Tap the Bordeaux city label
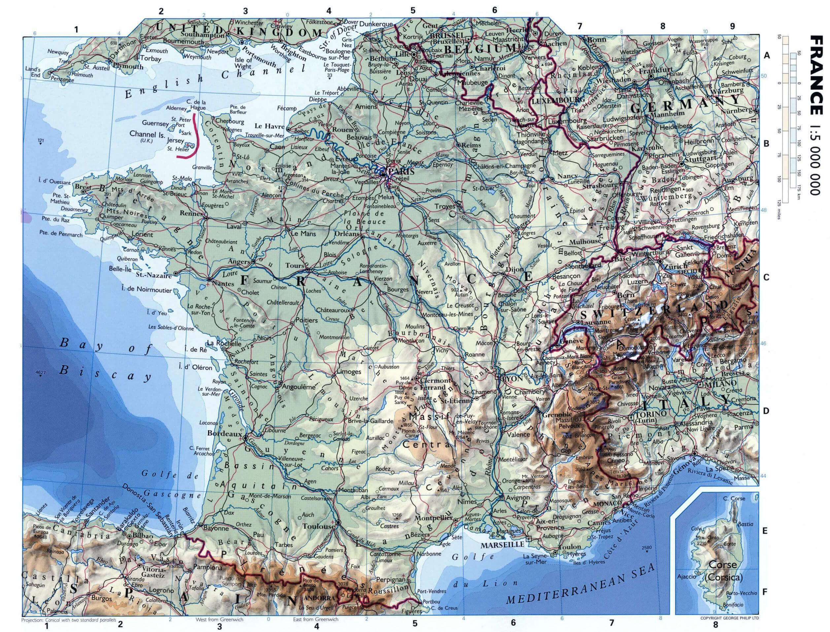224,433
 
